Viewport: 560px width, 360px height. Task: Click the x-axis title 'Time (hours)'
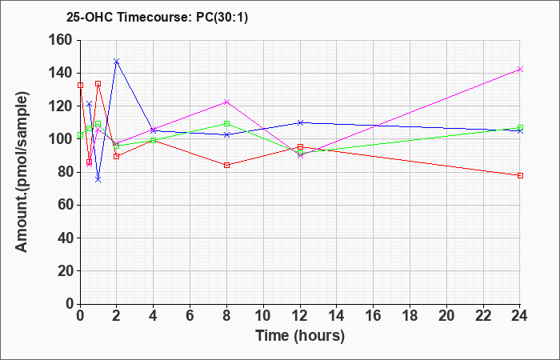tap(300, 335)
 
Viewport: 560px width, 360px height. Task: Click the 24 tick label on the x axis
tap(520, 316)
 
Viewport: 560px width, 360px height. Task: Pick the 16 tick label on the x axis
tap(373, 316)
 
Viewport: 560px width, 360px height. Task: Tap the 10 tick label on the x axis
tap(263, 316)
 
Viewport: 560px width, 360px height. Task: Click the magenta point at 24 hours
tap(520, 70)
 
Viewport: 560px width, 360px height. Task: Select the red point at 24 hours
tap(520, 175)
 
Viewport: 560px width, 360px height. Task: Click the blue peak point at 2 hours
tap(116, 62)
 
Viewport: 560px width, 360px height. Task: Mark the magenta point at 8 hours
tap(226, 102)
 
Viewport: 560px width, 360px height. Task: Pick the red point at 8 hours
tap(226, 166)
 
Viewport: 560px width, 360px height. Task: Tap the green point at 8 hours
tap(226, 123)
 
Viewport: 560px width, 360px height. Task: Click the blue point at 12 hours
tap(300, 122)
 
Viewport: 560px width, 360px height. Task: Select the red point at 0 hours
tap(80, 85)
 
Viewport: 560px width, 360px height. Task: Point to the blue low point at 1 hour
tap(98, 180)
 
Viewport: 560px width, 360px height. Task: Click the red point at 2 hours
tap(116, 156)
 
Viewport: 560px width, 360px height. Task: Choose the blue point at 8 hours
tap(226, 134)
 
